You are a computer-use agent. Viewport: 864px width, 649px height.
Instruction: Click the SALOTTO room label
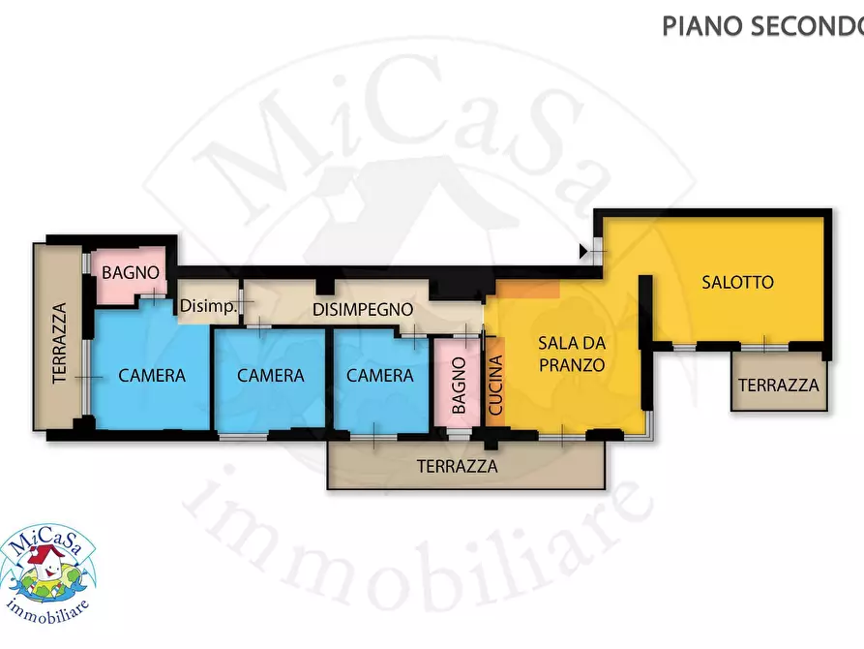(x=737, y=283)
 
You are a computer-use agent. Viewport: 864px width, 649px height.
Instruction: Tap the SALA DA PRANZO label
(x=572, y=354)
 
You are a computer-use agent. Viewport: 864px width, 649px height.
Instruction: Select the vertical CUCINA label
(x=496, y=385)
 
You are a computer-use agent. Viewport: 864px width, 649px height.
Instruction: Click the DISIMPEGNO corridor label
(x=363, y=310)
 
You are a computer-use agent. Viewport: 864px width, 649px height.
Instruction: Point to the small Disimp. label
(x=208, y=306)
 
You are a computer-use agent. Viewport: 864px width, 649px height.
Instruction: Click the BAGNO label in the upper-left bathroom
(x=131, y=272)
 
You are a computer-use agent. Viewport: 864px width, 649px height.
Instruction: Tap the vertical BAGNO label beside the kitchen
(x=459, y=386)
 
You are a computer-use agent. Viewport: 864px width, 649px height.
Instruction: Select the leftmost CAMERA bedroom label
(x=152, y=376)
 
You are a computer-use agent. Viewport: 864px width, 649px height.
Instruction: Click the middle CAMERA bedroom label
(x=271, y=376)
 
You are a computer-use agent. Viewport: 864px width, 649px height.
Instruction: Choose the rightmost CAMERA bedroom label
(x=379, y=376)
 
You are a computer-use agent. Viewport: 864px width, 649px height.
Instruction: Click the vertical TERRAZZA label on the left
(x=59, y=343)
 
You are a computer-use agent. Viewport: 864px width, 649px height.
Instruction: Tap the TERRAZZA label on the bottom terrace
(x=458, y=467)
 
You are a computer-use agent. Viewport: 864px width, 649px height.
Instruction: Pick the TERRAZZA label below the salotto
(x=779, y=386)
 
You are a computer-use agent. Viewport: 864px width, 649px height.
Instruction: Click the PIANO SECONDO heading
(x=762, y=26)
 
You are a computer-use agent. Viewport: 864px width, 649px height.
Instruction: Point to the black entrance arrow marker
(x=583, y=252)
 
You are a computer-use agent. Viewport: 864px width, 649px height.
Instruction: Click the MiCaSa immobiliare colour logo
(x=48, y=575)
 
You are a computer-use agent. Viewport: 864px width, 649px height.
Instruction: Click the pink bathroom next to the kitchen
(x=458, y=383)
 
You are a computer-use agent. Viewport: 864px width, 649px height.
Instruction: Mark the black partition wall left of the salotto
(x=645, y=311)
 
